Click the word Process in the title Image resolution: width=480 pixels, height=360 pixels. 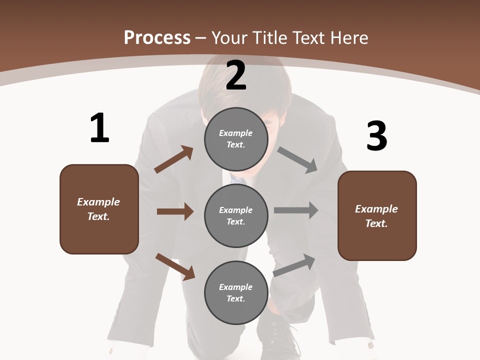[x=157, y=37]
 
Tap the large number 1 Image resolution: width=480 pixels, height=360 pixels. [x=99, y=128]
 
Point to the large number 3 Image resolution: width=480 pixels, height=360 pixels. [x=376, y=136]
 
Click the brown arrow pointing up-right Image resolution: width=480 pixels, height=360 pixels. [x=174, y=159]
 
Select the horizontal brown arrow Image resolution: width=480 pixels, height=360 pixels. [x=175, y=211]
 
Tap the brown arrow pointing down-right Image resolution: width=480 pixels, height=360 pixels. [x=175, y=266]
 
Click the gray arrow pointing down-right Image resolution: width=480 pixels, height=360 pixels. [x=297, y=159]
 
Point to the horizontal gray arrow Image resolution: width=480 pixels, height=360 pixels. [x=296, y=210]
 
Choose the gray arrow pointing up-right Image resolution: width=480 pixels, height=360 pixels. [x=294, y=265]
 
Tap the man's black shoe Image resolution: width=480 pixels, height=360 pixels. [x=277, y=340]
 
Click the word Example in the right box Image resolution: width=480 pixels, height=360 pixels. [x=376, y=209]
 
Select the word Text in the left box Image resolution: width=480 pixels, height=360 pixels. [x=98, y=216]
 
